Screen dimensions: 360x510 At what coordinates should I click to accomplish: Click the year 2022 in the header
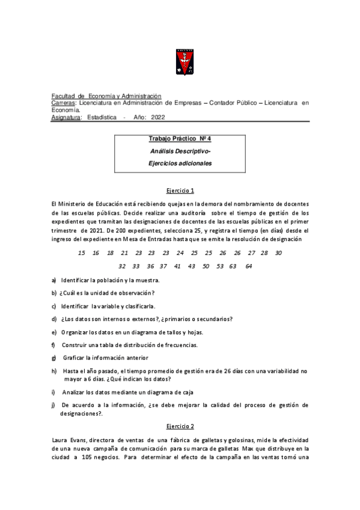(x=158, y=118)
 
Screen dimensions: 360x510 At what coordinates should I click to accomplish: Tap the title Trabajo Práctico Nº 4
(x=180, y=139)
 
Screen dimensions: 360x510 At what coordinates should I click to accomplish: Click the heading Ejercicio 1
(x=180, y=191)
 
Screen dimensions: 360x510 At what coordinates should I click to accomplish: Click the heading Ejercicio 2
(x=180, y=426)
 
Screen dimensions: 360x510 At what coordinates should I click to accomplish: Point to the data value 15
(x=82, y=253)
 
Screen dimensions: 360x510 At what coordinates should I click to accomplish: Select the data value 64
(x=249, y=266)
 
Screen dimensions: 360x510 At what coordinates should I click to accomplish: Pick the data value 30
(x=278, y=253)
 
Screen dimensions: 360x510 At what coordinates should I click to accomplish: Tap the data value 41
(x=177, y=266)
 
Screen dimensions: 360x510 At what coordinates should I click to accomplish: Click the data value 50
(x=206, y=266)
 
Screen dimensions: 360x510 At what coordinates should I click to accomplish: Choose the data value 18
(x=110, y=253)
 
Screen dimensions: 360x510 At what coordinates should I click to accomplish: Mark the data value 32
(x=122, y=266)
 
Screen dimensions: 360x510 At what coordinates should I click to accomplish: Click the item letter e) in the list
(x=55, y=332)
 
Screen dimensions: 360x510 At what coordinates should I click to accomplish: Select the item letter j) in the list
(x=54, y=405)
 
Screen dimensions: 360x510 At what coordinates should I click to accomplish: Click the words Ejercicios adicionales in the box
(x=180, y=163)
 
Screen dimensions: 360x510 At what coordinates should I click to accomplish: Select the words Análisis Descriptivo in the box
(x=179, y=151)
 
